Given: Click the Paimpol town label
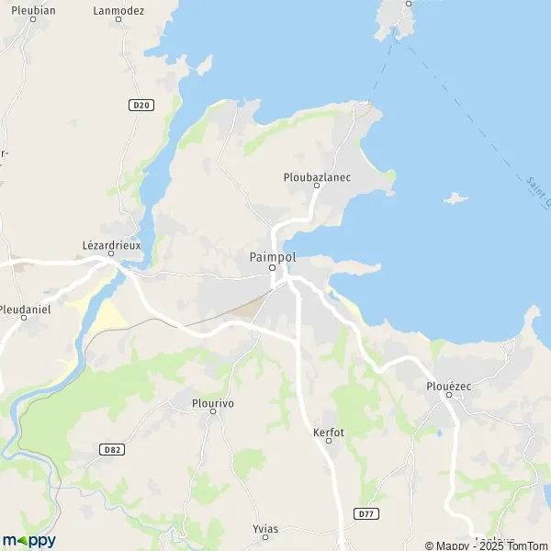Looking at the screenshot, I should [x=272, y=257].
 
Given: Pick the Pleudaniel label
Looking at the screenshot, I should [x=26, y=310].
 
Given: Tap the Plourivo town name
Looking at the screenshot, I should [x=213, y=401].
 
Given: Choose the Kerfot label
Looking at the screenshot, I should [x=328, y=430].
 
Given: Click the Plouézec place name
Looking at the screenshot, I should [x=449, y=387].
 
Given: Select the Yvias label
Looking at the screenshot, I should [x=265, y=529].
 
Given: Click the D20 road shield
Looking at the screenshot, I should [x=140, y=106].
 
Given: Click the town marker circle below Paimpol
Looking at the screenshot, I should [x=272, y=268].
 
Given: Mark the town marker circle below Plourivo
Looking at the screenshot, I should [x=213, y=411].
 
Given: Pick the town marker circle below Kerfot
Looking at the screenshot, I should [x=328, y=441].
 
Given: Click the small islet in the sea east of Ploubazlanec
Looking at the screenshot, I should [x=455, y=197].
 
